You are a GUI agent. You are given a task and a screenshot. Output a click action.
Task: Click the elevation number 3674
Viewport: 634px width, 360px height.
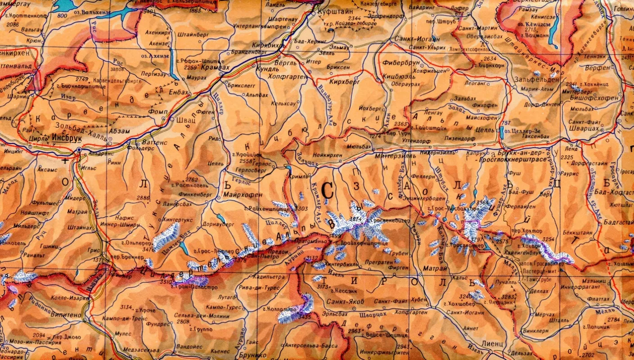pyautogui.click(x=356, y=219)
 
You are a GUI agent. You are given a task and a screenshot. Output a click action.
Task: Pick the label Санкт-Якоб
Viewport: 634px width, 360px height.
pyautogui.click(x=345, y=301)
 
